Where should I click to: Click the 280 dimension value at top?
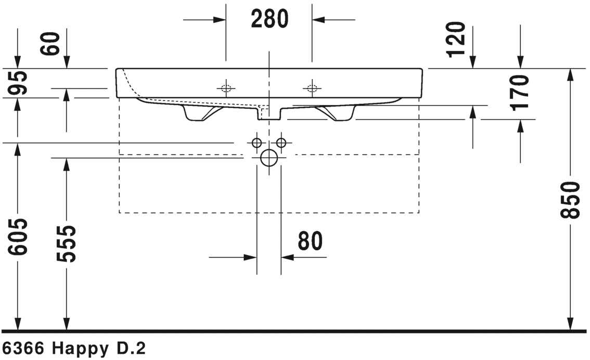[270, 19]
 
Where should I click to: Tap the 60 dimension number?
[50, 44]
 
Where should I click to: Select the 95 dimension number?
[18, 83]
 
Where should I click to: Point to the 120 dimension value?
[456, 40]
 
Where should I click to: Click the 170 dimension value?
[520, 93]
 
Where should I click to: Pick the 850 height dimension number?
[570, 200]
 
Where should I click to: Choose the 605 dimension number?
[18, 237]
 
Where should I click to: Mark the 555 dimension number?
[67, 244]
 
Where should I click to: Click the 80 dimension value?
[311, 241]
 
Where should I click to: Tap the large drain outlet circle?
[269, 158]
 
